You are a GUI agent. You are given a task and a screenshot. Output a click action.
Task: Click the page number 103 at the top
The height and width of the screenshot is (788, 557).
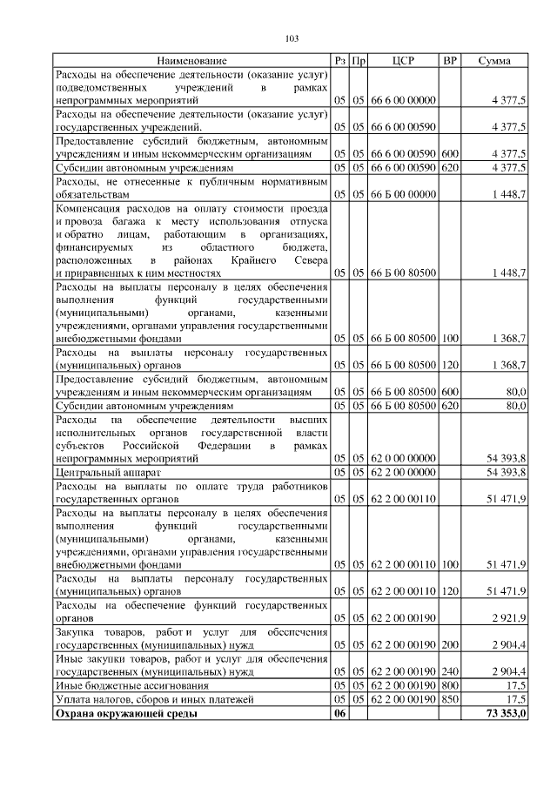click(292, 38)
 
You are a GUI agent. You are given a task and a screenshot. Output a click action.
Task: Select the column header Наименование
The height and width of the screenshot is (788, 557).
click(192, 61)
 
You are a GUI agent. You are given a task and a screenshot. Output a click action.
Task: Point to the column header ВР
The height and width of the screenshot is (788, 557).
click(450, 61)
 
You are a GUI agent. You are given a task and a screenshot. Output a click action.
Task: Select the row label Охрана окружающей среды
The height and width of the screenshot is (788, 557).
click(125, 714)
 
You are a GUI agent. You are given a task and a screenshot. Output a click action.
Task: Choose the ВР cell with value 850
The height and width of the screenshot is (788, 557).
click(450, 699)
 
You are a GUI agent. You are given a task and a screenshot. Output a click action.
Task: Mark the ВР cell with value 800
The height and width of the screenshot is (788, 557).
click(450, 685)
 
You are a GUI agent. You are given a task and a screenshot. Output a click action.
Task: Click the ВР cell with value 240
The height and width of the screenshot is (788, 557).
click(450, 671)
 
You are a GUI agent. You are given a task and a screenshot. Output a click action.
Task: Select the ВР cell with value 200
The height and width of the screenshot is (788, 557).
click(450, 645)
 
